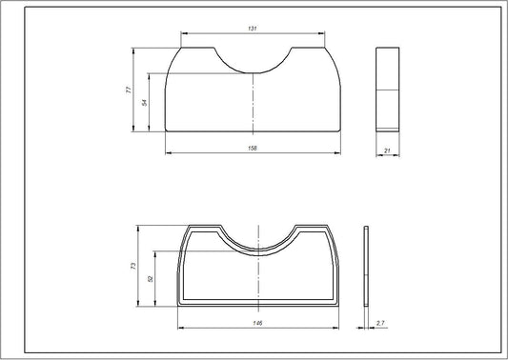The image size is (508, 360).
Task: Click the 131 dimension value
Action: pos(252,30)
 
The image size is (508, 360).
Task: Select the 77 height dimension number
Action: pos(128,89)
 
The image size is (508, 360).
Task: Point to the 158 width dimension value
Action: pos(253,149)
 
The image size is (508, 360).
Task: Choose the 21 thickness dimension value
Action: pos(388,149)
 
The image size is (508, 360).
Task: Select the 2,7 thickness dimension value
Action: pos(381,324)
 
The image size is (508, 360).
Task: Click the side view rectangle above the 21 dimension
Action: pos(388,88)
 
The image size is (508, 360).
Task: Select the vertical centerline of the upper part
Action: pos(253,105)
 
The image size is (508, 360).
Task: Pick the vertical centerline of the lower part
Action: pos(258,276)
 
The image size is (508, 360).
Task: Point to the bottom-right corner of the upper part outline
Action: pos(339,130)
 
